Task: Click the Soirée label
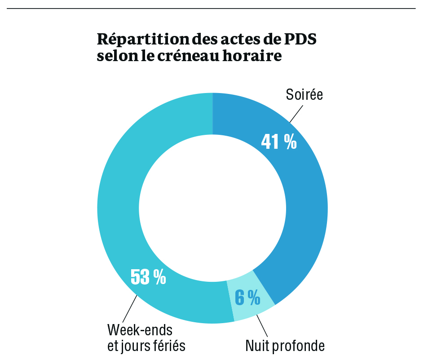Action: tap(305, 96)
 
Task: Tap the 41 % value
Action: tap(279, 142)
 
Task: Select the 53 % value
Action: tap(148, 277)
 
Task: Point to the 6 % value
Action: tap(247, 297)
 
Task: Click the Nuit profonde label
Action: tap(285, 346)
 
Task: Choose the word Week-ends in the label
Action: tap(140, 330)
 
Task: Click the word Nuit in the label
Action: tap(258, 346)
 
